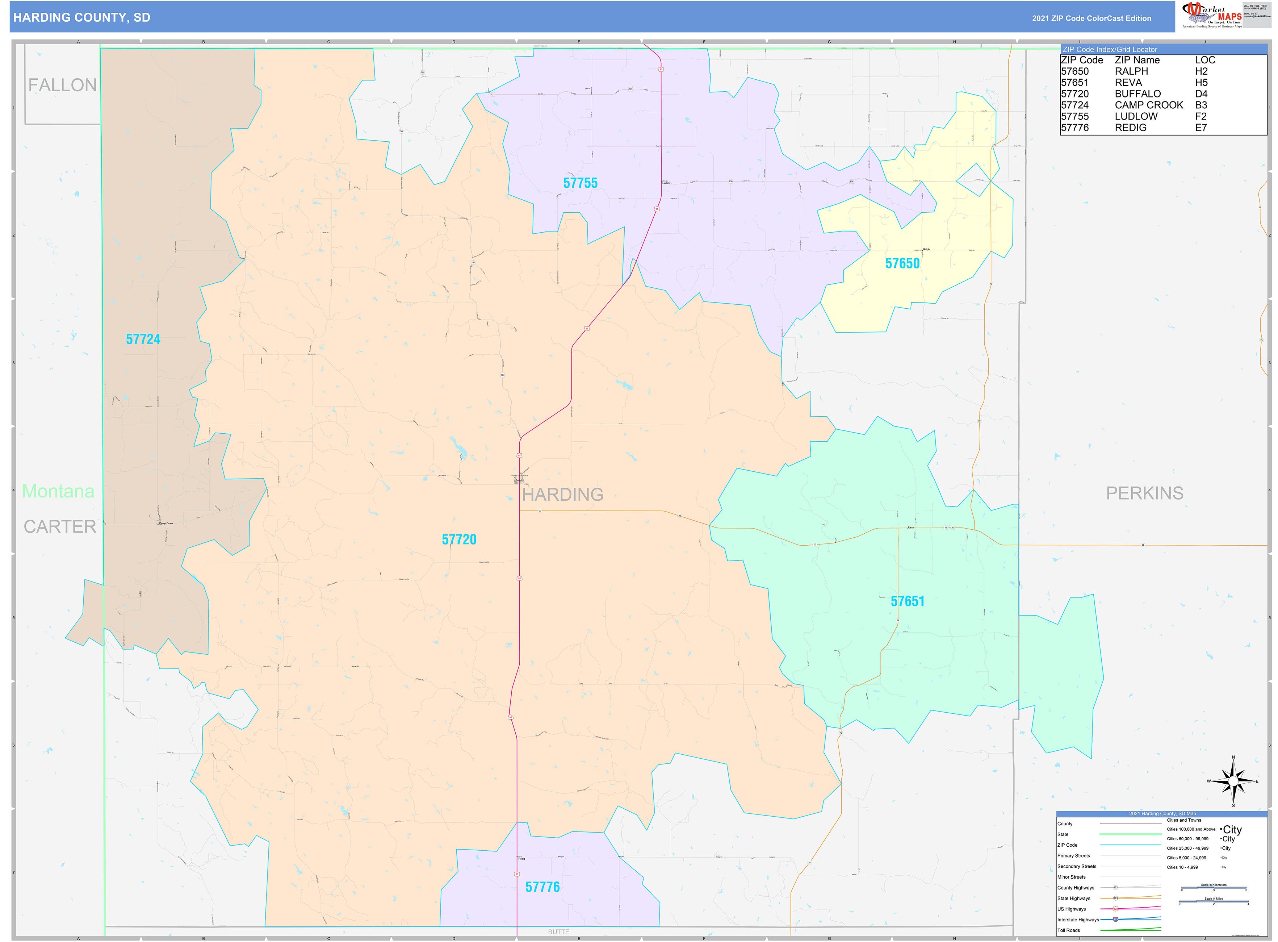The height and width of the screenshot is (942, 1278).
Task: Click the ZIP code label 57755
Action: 580,183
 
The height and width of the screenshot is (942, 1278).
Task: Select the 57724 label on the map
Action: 143,339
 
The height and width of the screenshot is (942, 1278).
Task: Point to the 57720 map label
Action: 459,539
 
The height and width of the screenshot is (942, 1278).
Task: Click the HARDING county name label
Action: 563,495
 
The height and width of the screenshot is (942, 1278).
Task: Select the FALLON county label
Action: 62,85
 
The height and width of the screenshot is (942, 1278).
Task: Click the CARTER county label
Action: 60,526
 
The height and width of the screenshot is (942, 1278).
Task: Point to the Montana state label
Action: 58,491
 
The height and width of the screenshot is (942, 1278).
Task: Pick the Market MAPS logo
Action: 1215,15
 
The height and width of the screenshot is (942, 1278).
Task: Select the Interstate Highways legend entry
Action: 1077,920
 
